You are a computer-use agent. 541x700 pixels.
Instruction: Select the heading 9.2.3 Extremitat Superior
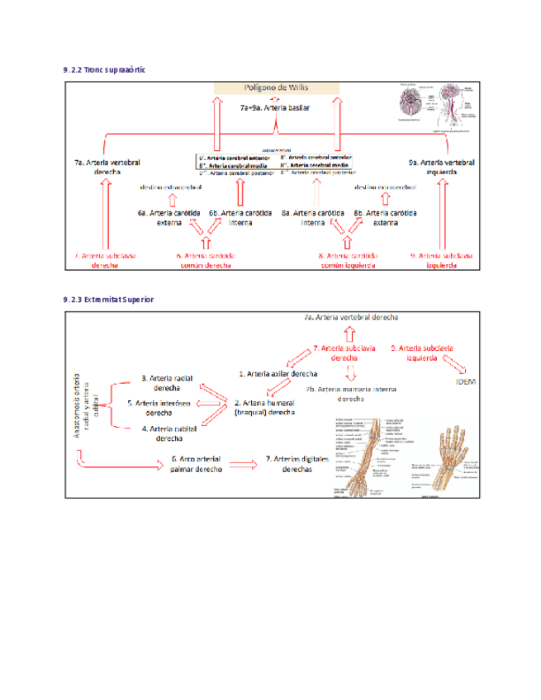click(x=108, y=299)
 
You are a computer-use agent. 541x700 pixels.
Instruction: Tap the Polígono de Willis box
click(x=276, y=87)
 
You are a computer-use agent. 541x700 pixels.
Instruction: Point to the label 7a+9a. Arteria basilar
click(x=276, y=107)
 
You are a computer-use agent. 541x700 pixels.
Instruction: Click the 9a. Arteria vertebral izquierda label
click(x=442, y=168)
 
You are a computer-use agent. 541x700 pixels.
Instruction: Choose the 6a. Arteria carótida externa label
click(x=168, y=218)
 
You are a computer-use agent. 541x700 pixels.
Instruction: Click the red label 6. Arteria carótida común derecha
click(x=206, y=261)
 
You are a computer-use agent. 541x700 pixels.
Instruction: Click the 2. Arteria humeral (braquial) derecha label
click(x=264, y=408)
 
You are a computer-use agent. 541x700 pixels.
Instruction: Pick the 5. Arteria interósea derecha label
click(x=159, y=408)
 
